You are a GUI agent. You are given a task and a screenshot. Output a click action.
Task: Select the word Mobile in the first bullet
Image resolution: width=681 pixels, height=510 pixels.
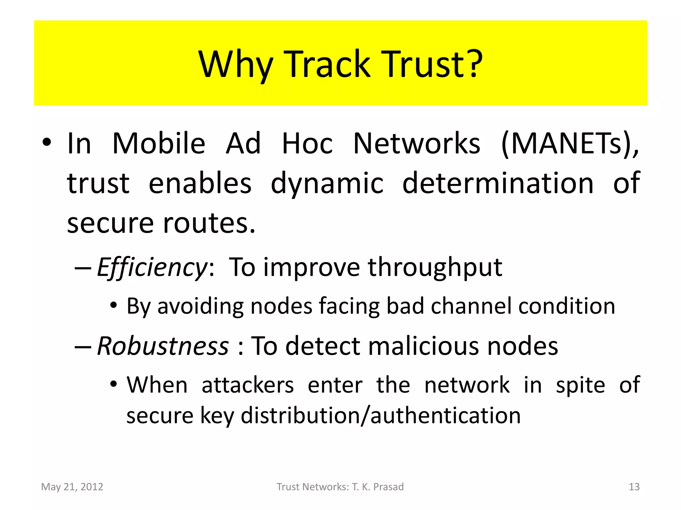tap(159, 143)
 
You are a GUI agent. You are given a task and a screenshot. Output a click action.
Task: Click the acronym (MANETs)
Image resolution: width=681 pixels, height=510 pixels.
tap(570, 143)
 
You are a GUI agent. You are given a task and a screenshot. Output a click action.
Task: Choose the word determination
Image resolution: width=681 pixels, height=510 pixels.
tap(498, 183)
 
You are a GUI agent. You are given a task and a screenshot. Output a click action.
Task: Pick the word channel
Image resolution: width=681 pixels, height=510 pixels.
tap(471, 306)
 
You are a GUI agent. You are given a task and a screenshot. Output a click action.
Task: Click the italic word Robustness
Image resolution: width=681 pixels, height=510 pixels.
tap(163, 346)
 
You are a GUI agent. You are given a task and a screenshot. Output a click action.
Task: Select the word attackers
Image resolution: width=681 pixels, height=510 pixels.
tap(248, 385)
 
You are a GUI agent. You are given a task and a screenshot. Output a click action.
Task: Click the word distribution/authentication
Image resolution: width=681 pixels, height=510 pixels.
tap(380, 416)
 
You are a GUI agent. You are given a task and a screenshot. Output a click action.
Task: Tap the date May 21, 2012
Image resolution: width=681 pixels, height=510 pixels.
tap(72, 487)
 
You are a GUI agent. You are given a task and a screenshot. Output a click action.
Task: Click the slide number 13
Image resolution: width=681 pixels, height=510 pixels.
tap(634, 487)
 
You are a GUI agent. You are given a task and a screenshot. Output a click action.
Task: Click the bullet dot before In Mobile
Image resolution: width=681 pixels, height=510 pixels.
tap(47, 143)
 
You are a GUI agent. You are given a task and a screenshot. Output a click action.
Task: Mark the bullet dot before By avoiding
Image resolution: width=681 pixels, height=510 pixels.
tap(114, 305)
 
